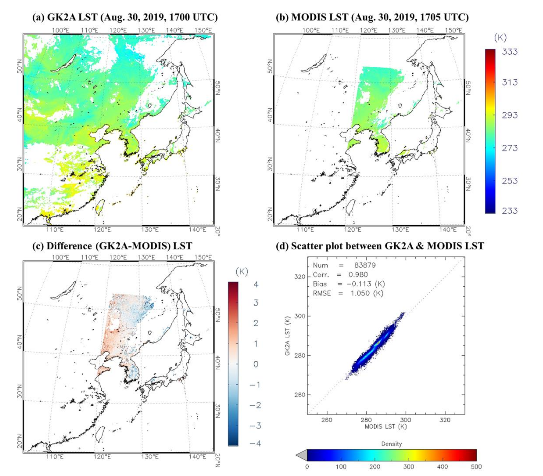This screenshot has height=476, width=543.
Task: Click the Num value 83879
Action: point(365,265)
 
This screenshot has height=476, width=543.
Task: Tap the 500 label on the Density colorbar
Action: point(476,467)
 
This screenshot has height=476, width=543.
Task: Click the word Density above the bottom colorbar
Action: point(391,444)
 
